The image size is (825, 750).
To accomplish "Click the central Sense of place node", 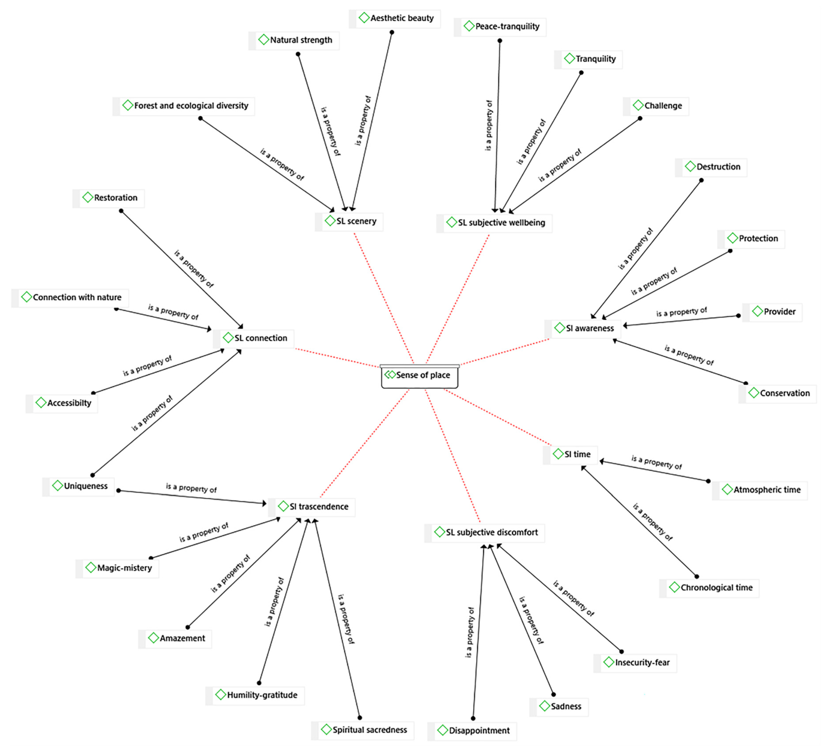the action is pyautogui.click(x=419, y=375).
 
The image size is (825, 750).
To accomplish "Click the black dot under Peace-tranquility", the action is pyautogui.click(x=500, y=41).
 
